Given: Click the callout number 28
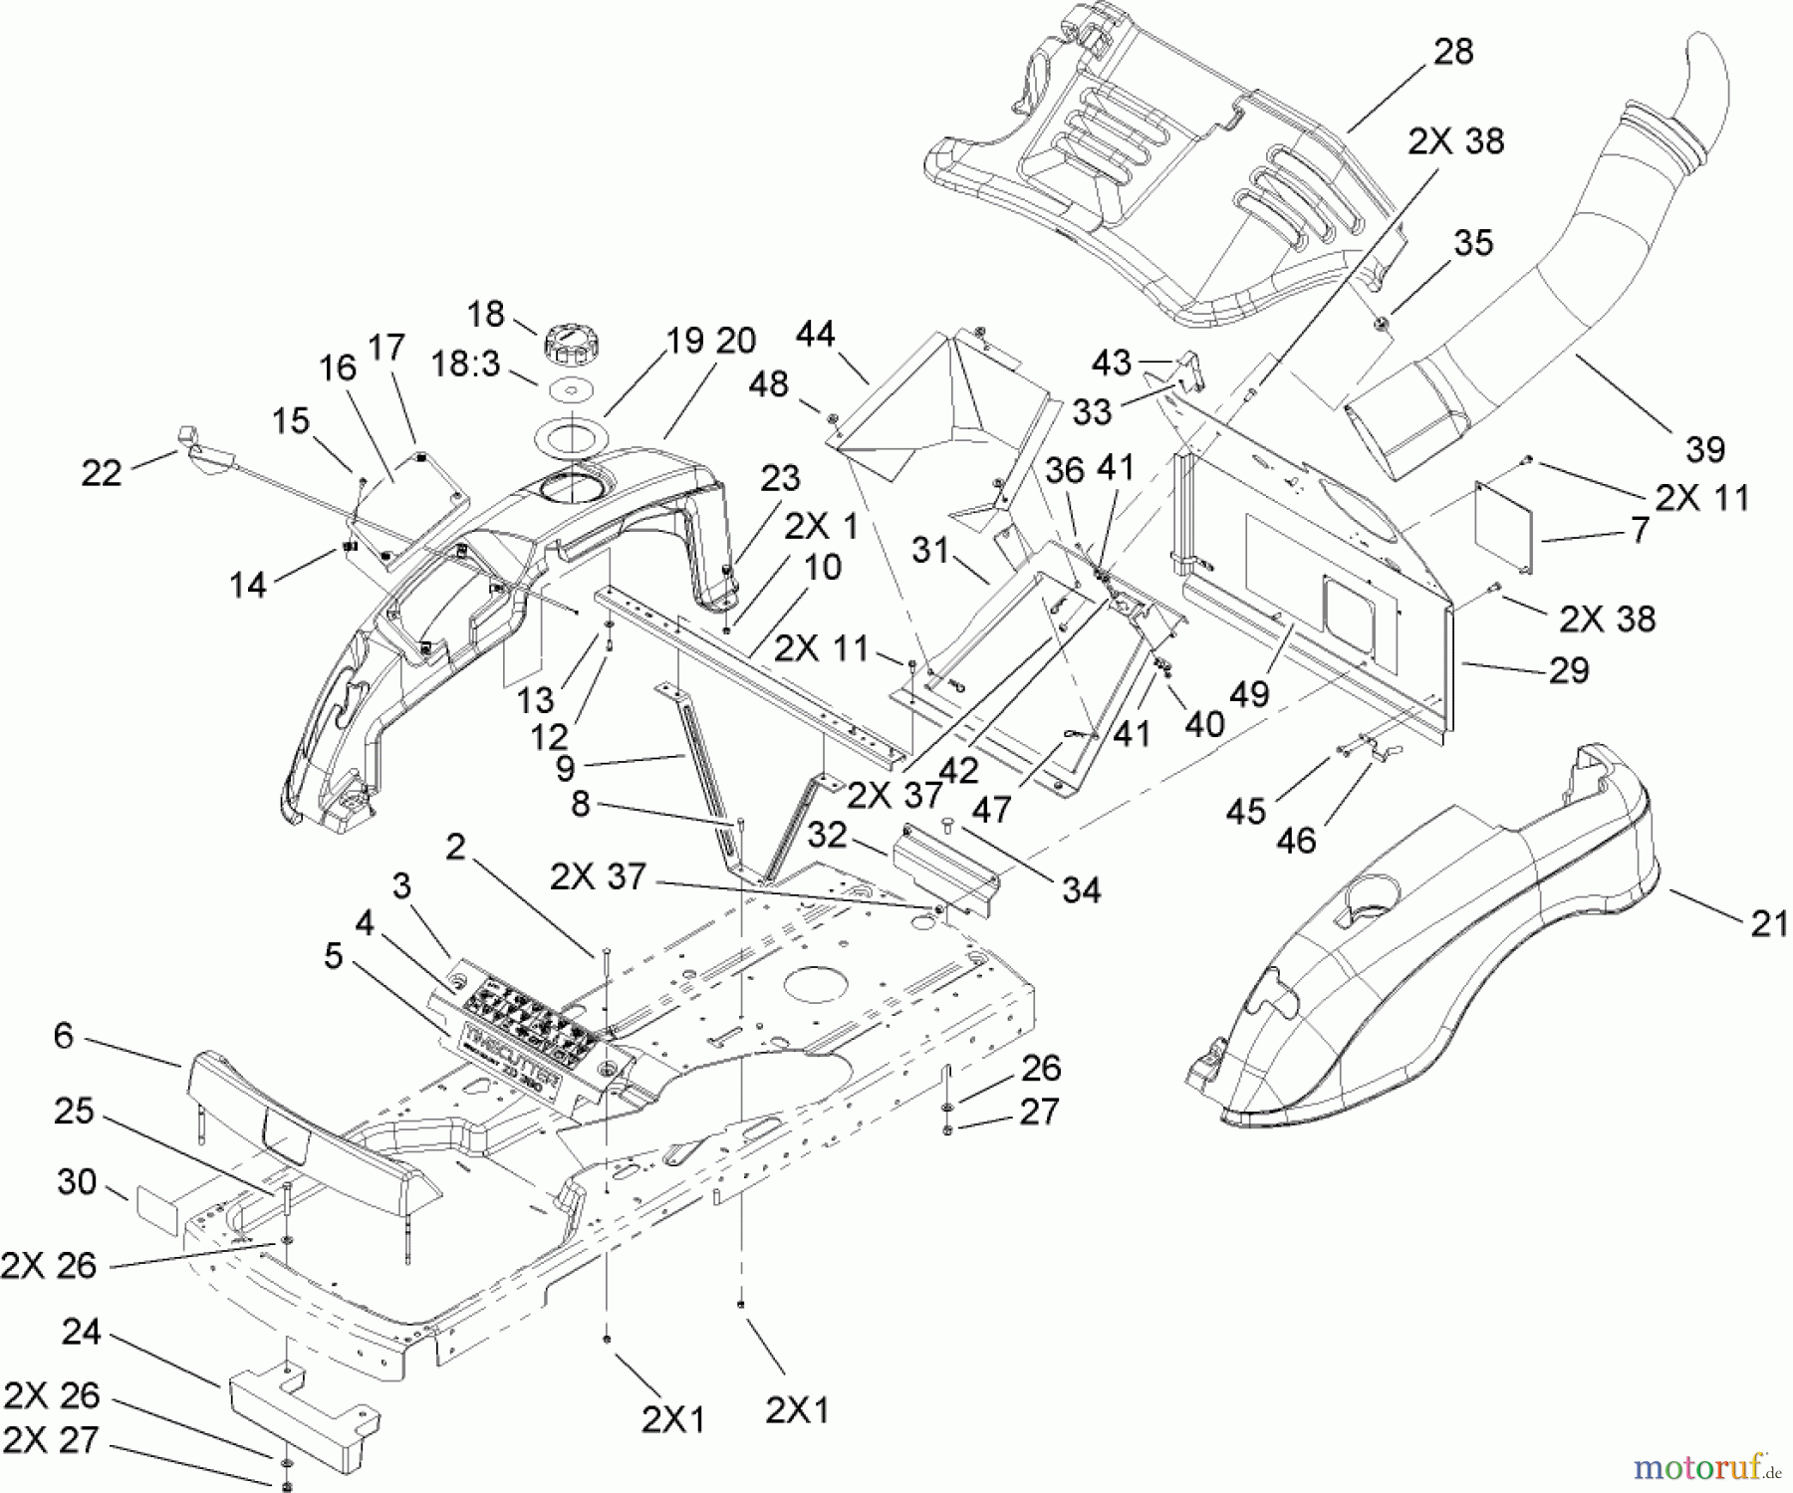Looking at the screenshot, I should tap(1453, 53).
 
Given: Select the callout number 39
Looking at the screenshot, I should tap(1704, 450).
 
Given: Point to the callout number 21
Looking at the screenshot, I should tap(1769, 924).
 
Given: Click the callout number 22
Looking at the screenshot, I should tap(102, 473).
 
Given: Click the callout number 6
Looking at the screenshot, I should tap(64, 1036).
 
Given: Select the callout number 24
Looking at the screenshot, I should tap(82, 1331).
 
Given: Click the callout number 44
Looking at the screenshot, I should tap(815, 335).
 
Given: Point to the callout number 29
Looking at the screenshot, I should tap(1569, 670).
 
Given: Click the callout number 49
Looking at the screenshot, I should tap(1250, 693).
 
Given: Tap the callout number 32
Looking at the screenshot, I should tap(827, 835).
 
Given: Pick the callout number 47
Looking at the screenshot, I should tap(991, 809).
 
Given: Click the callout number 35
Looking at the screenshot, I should tap(1473, 243).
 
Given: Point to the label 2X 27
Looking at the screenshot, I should tap(52, 1440).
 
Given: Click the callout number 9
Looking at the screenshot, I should tap(565, 768).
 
